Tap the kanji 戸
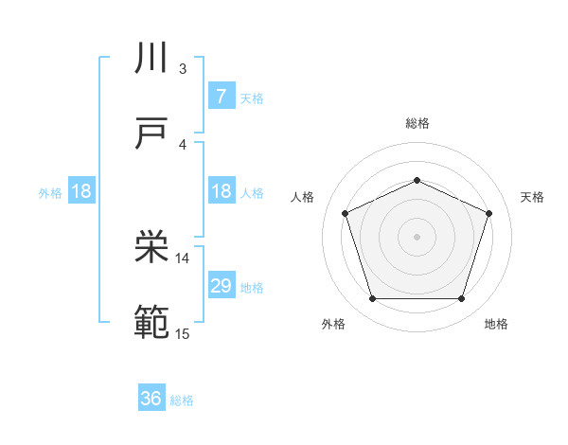[152, 133]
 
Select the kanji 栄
[152, 248]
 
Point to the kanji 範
[152, 323]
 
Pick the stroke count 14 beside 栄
[183, 258]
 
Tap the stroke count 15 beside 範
[183, 332]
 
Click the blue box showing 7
[221, 96]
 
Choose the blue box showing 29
[221, 285]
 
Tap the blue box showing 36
[151, 399]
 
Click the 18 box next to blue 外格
[81, 191]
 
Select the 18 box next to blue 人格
[221, 191]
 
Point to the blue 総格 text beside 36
[182, 400]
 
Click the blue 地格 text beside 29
[252, 287]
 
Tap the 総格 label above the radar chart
[417, 123]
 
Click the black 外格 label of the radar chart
[334, 325]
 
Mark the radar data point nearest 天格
[489, 213]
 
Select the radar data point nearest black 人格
[345, 213]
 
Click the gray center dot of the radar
[417, 236]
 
